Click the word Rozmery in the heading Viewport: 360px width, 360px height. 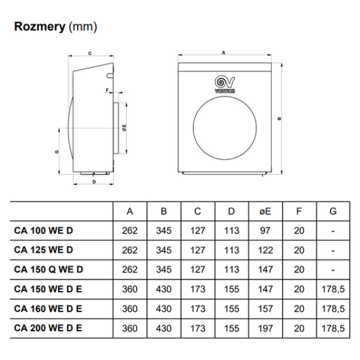pos(40,26)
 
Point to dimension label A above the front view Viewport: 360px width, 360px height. pos(223,53)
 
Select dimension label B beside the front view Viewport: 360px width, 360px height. pos(280,118)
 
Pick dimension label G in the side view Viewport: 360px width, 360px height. pos(56,152)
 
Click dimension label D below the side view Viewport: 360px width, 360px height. pos(94,181)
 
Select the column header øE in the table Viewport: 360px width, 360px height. pos(265,211)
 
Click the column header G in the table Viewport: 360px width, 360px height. pos(333,211)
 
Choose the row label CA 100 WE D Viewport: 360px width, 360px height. pos(43,231)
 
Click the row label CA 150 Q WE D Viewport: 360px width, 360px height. pos(48,269)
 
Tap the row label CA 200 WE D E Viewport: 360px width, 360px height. pos(48,328)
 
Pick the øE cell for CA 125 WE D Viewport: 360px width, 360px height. pos(265,250)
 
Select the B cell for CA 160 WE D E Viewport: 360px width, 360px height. pos(163,308)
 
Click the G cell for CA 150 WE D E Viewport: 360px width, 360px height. pos(333,289)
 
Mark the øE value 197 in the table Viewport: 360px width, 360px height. pos(265,328)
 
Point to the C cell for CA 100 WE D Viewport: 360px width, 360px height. pos(197,231)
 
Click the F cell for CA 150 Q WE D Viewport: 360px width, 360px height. pos(299,269)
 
